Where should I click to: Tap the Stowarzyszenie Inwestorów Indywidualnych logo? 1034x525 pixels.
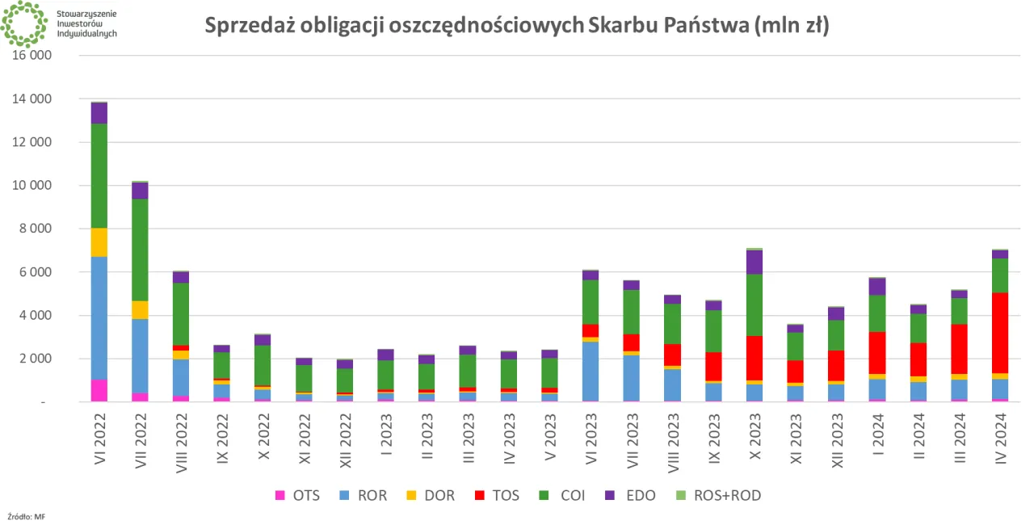[x=58, y=24]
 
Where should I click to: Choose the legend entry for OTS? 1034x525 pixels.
[x=297, y=495]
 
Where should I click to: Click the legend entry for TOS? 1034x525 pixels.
[x=498, y=495]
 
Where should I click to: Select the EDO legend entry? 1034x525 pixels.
[x=632, y=495]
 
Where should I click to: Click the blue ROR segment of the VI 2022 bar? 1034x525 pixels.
[x=99, y=317]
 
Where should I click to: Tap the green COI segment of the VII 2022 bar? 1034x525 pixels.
[x=141, y=249]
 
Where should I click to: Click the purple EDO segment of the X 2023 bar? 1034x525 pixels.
[x=754, y=262]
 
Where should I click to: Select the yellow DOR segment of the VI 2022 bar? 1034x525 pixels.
[x=99, y=242]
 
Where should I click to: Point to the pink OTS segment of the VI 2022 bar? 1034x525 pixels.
[x=99, y=390]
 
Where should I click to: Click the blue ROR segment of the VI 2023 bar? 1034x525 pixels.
[x=591, y=371]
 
